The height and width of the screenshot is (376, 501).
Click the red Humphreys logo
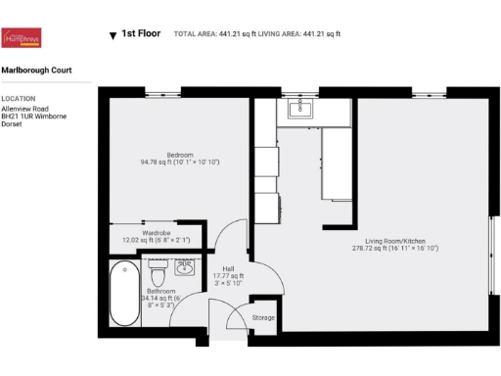[23, 37]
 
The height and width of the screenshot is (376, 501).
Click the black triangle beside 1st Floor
[113, 35]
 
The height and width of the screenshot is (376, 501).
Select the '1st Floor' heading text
[141, 34]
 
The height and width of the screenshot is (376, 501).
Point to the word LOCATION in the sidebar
[18, 99]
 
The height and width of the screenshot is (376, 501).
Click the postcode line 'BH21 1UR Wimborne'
[33, 117]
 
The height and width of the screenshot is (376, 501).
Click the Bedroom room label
[178, 156]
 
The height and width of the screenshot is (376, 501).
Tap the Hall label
[227, 269]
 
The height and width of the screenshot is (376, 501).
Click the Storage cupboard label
[263, 318]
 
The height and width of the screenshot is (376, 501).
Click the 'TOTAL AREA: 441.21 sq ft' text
[217, 34]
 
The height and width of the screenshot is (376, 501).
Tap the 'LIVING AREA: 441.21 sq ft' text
[303, 34]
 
